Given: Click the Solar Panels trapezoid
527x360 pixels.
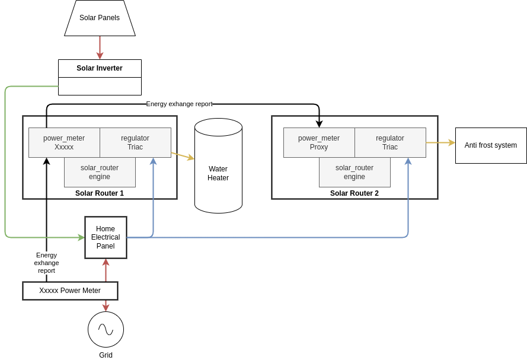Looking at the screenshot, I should point(100,18).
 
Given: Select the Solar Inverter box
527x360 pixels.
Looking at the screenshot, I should point(100,68).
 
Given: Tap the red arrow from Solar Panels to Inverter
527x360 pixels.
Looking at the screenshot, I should point(100,47).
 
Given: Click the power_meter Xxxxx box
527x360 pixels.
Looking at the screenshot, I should point(64,142).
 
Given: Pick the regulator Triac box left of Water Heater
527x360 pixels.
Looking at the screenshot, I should point(135,142).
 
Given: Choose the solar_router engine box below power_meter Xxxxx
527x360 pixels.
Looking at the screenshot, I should point(100,172).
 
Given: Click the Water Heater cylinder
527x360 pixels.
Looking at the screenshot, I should point(218,169).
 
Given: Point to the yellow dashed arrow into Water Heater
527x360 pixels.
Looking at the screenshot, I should point(183,156).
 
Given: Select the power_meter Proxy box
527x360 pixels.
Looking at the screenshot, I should point(319,142).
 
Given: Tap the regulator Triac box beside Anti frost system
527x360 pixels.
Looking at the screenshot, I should point(390,142).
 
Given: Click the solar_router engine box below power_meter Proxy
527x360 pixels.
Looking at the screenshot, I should point(354,172).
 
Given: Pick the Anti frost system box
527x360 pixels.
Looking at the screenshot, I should point(491,145).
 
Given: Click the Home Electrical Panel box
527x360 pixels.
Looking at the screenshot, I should point(106,237).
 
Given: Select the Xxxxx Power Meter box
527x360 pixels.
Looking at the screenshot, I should point(70,291).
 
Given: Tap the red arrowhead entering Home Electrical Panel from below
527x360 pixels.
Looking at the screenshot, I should point(106,262).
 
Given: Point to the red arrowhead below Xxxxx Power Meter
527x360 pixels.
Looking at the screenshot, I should point(106,307).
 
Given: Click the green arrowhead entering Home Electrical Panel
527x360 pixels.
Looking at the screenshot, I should point(81,237).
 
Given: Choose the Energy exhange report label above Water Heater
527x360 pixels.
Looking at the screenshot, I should point(179,104).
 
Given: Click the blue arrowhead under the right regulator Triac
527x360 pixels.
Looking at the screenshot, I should point(408,161).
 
